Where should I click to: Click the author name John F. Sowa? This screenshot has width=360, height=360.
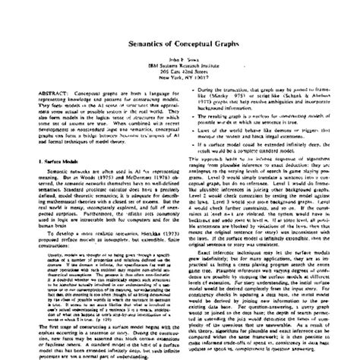(180, 61)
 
